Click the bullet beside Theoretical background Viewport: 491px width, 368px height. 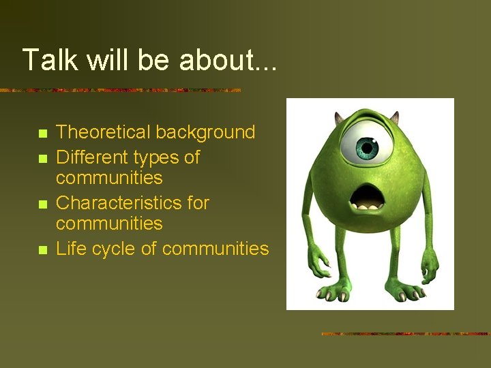click(42, 133)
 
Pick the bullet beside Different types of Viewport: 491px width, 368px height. click(42, 158)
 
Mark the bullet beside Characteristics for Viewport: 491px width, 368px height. click(42, 204)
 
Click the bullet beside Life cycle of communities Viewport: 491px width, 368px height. click(42, 250)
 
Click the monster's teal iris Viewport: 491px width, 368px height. click(368, 147)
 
